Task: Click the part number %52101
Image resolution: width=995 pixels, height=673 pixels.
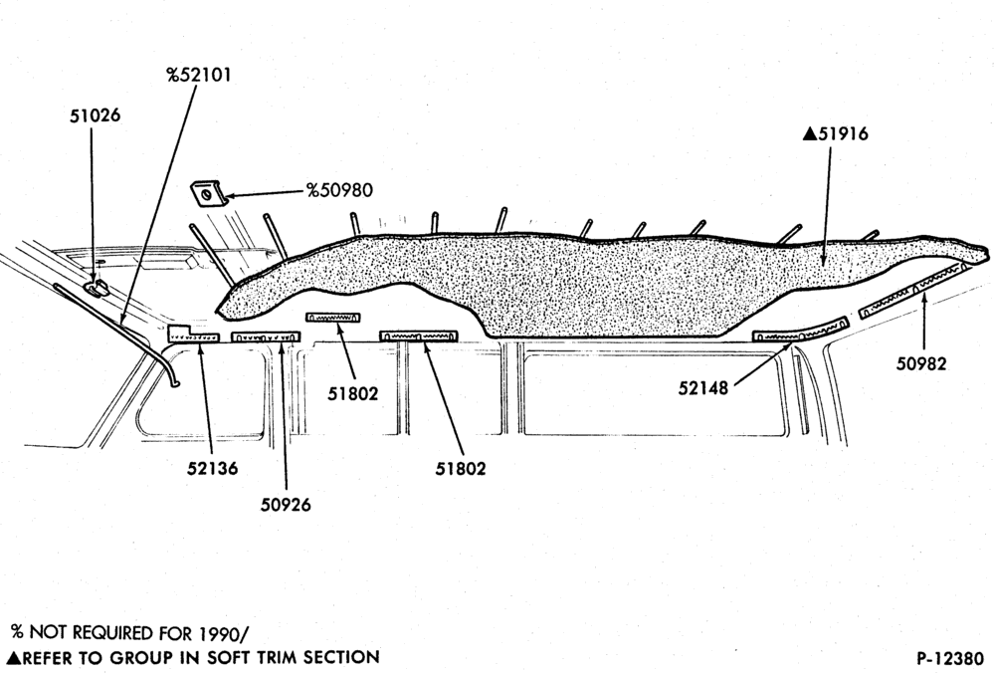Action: coord(199,75)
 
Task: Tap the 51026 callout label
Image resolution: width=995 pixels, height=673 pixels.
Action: coord(96,115)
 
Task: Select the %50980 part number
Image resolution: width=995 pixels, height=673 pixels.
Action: coord(339,190)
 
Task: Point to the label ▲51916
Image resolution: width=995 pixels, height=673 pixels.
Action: coord(835,134)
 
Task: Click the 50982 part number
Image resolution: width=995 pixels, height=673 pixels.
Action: coord(921,363)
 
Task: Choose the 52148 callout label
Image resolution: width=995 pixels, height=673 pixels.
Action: coord(703,387)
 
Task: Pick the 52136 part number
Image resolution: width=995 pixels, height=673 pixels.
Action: coord(213,469)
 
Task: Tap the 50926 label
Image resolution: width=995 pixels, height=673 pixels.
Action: coord(287,505)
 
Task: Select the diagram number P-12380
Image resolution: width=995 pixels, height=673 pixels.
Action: coord(950,658)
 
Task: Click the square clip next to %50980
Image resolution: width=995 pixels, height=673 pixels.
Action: coord(209,193)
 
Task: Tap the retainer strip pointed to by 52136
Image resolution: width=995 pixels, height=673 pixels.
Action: coord(193,335)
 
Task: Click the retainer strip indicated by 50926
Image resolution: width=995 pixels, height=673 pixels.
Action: coord(266,337)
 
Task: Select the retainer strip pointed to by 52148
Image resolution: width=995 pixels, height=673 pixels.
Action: coord(801,330)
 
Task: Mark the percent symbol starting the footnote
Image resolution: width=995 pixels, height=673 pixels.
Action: coord(17,632)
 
